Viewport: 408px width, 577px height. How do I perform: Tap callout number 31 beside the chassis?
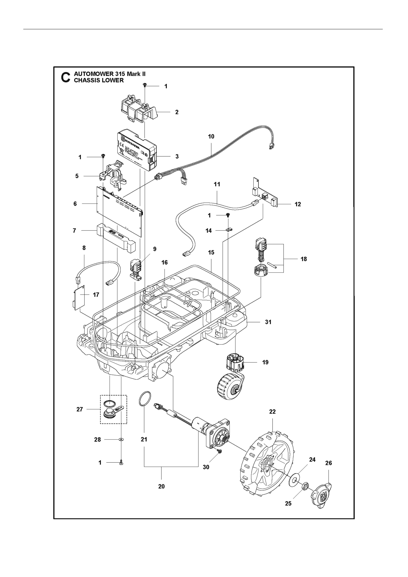click(268, 322)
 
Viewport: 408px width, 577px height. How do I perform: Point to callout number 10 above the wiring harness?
click(211, 137)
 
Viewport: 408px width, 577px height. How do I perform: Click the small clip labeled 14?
click(229, 229)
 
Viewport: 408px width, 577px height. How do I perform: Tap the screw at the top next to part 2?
click(145, 85)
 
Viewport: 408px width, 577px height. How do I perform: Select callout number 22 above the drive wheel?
click(272, 412)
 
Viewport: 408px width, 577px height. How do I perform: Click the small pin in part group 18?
click(272, 265)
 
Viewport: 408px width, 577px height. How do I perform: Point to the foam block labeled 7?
click(116, 238)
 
